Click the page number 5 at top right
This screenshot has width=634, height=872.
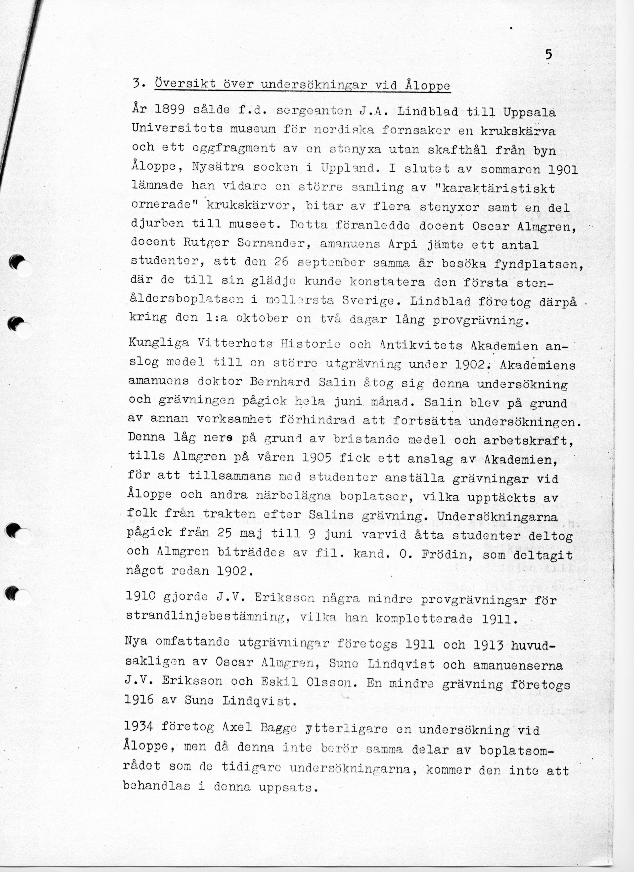pyautogui.click(x=548, y=55)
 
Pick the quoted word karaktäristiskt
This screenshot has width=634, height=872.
pyautogui.click(x=498, y=189)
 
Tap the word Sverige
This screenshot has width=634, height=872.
pyautogui.click(x=367, y=301)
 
